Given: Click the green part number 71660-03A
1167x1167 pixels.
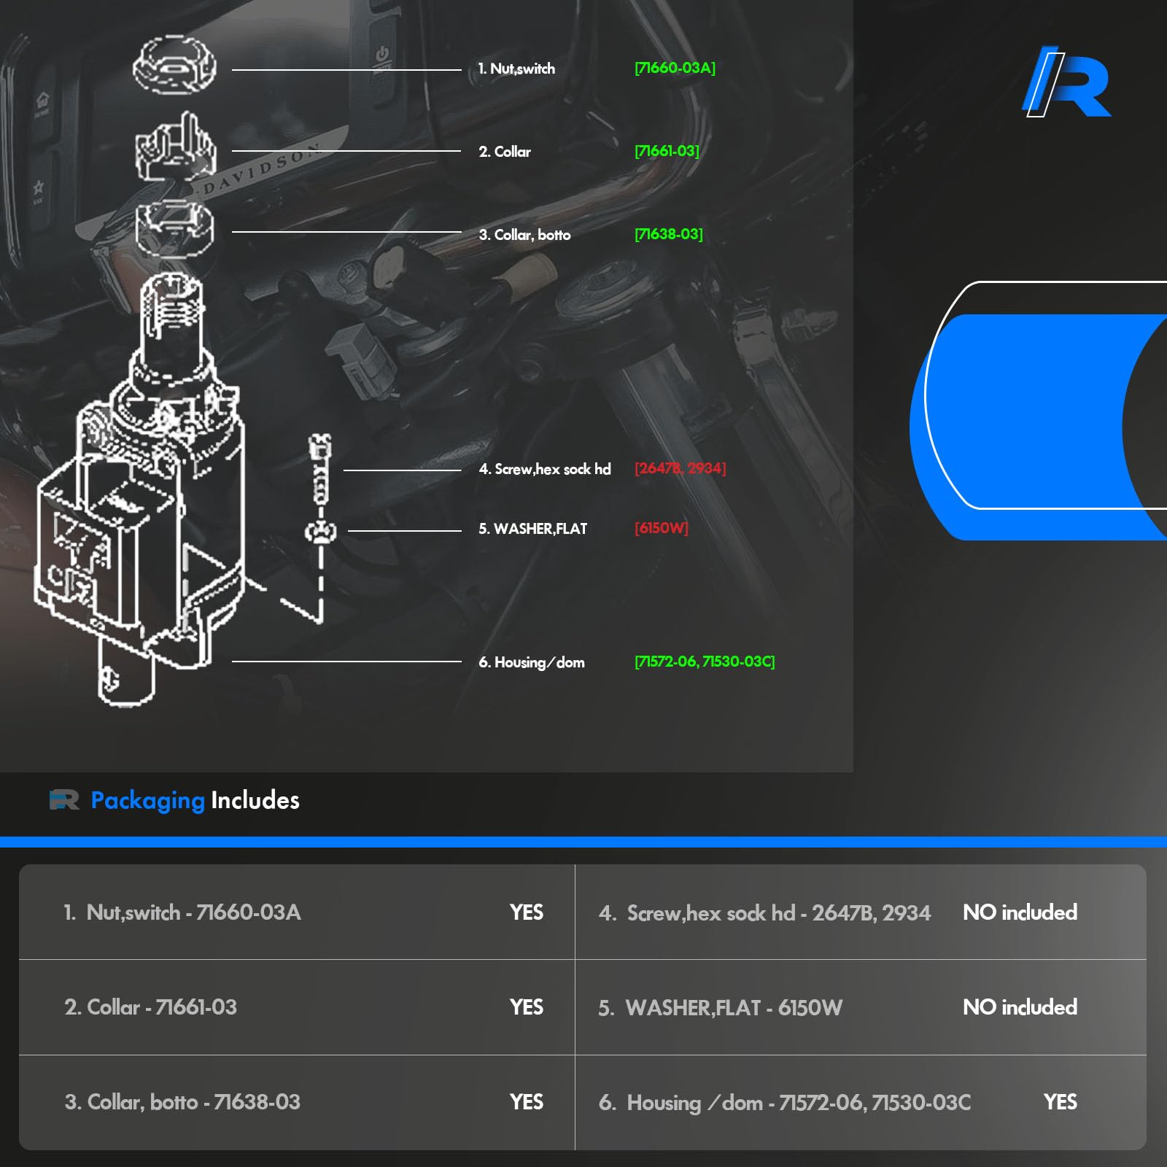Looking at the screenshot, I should tap(675, 68).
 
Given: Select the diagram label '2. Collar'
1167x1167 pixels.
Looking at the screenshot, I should tap(505, 152).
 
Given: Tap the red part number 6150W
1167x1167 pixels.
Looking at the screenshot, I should tap(661, 528).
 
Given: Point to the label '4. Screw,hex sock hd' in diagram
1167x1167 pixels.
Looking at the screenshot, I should tap(544, 469).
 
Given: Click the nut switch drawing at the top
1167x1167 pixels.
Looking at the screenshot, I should tap(174, 66).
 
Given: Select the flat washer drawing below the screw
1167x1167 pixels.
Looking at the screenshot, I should tap(320, 532).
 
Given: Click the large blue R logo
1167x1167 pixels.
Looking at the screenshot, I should tap(1066, 82).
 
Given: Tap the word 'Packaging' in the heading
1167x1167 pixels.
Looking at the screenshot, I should tap(147, 800).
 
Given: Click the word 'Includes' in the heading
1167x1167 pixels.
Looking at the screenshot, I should tap(255, 800).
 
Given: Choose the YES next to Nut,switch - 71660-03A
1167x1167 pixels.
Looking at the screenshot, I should tap(526, 912).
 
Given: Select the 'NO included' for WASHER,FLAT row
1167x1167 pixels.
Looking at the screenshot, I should tap(1020, 1007).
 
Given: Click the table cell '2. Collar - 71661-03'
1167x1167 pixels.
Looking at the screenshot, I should tap(150, 1007).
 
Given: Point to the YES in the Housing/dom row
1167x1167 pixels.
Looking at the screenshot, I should tap(1060, 1102).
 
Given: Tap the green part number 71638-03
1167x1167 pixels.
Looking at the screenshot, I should tap(668, 234).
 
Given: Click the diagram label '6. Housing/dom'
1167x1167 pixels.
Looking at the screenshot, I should tap(531, 662).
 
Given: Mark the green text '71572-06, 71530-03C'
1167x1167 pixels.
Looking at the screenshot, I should tap(705, 662).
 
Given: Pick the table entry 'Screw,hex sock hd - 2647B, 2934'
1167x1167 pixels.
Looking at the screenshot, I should tap(778, 913).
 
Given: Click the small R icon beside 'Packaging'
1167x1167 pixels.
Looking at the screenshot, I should tap(64, 800).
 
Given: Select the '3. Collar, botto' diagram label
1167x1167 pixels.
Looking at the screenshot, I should tap(524, 235).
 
